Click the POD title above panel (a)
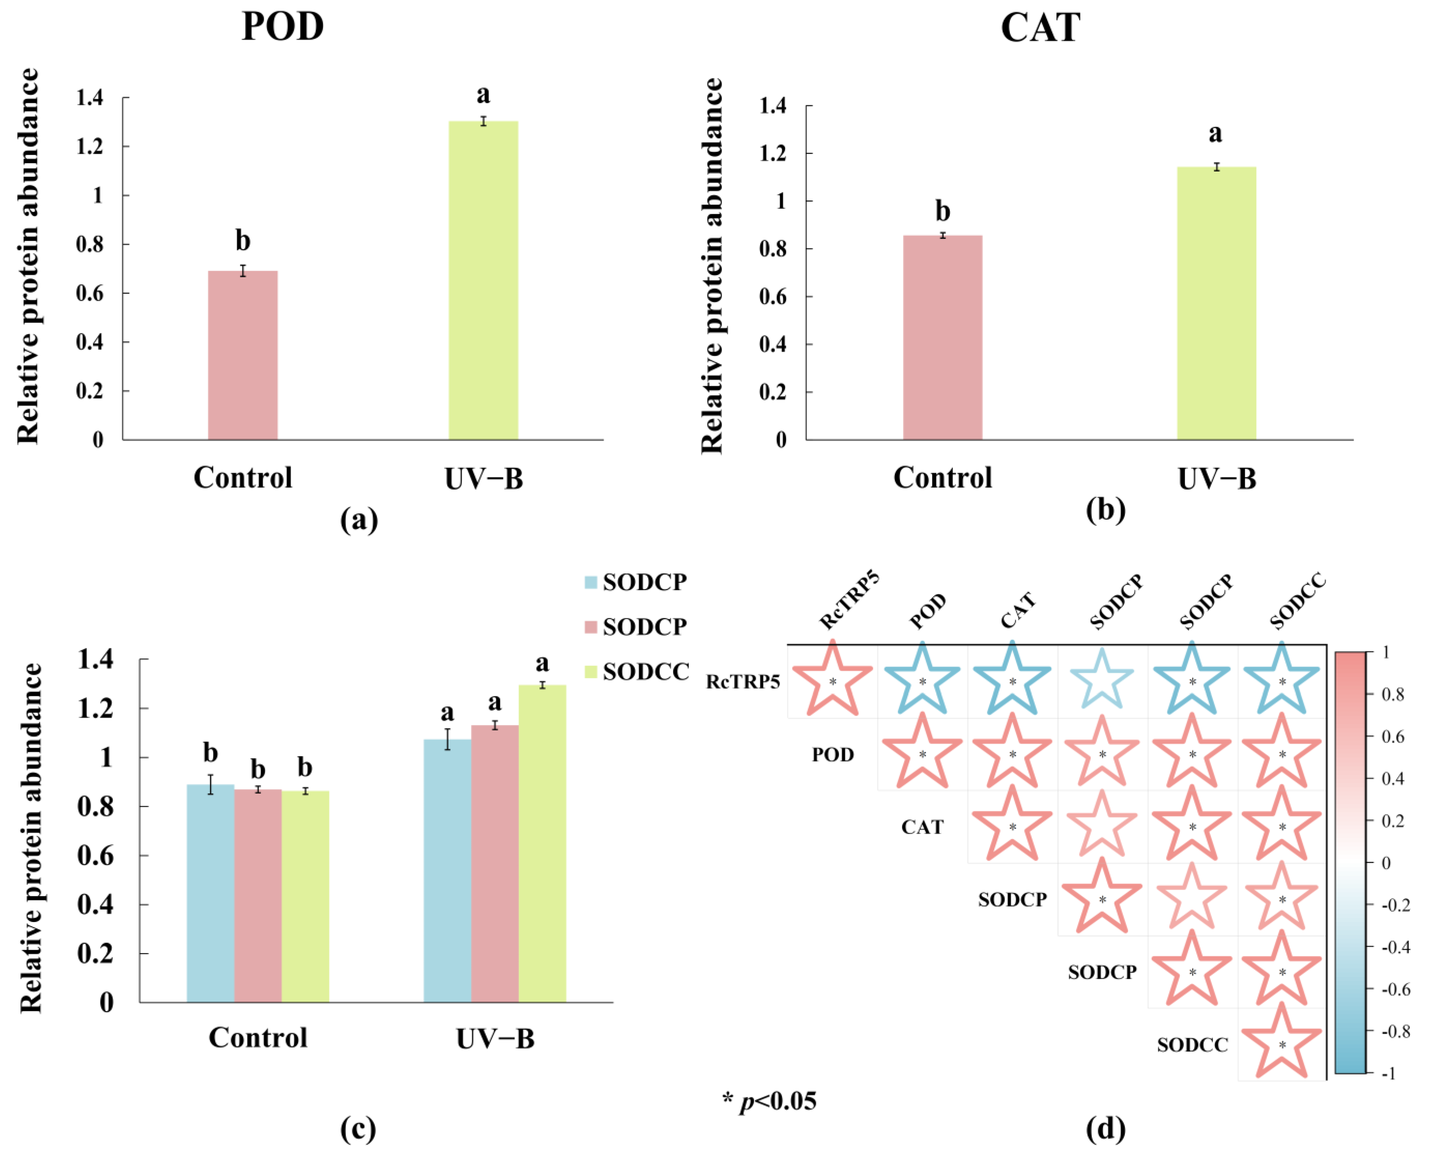tap(282, 27)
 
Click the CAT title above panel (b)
tap(1040, 28)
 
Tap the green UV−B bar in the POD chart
tap(483, 281)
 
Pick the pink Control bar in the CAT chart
tap(943, 337)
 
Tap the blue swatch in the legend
tap(590, 582)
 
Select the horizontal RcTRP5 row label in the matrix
tap(743, 682)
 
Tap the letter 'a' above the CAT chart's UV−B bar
tap(1215, 134)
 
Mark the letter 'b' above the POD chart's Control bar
tap(242, 241)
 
